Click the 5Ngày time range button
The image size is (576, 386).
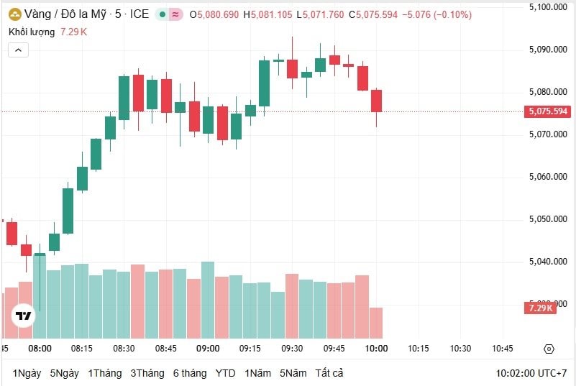[65, 373]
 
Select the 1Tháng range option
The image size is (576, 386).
[105, 373]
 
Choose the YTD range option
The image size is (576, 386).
[225, 373]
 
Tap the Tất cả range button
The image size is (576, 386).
[329, 373]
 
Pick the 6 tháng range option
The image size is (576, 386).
[190, 373]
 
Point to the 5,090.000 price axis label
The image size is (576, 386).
[548, 50]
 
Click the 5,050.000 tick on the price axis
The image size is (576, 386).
[548, 219]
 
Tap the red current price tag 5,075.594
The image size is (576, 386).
[548, 111]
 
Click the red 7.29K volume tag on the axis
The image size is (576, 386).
[540, 308]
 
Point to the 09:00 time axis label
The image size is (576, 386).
[208, 349]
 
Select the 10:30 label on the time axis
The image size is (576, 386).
[460, 349]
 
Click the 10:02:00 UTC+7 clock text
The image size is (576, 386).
[531, 374]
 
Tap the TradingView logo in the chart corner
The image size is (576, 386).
[24, 316]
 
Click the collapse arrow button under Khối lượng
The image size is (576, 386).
[19, 50]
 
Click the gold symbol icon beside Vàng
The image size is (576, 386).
[14, 14]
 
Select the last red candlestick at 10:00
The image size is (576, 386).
[376, 101]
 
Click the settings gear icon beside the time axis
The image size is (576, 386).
[549, 349]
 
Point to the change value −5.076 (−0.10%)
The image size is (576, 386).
[436, 14]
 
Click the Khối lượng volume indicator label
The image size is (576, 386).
[32, 32]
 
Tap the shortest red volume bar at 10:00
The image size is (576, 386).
[376, 323]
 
